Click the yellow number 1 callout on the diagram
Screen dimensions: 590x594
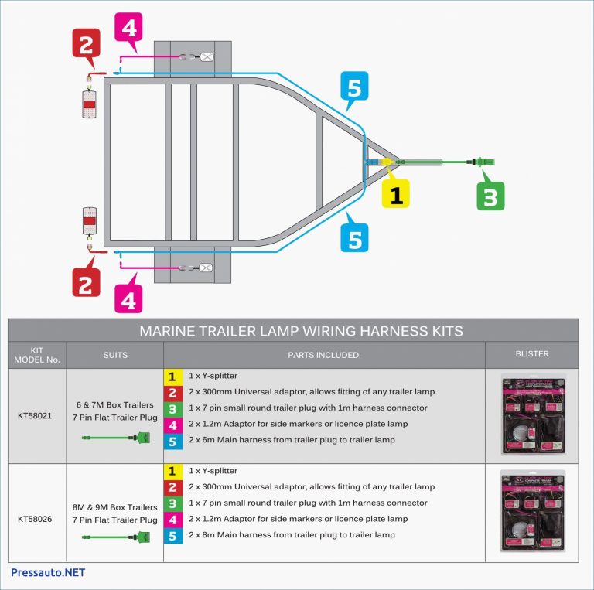[396, 193]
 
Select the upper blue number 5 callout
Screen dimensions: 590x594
[353, 88]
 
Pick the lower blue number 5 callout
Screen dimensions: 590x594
[353, 237]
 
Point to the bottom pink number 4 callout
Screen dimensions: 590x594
[128, 298]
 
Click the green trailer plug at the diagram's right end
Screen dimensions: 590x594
[483, 162]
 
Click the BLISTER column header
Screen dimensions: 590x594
[531, 354]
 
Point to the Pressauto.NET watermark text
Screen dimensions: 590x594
[48, 573]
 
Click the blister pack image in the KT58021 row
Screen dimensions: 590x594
[531, 415]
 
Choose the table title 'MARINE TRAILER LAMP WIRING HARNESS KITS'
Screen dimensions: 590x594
[301, 331]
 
